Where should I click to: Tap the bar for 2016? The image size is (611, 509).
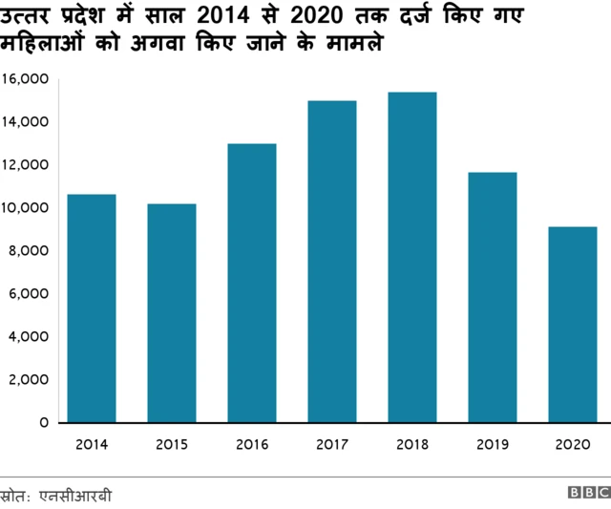coord(252,283)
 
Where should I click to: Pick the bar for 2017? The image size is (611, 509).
coord(331,262)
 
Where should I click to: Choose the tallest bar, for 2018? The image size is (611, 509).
coord(412,257)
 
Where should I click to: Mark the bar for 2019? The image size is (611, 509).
coord(493,297)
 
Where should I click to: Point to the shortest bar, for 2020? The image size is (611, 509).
coord(573,325)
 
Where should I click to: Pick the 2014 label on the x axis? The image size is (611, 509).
coord(91,444)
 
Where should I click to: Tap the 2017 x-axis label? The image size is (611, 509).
coord(331,444)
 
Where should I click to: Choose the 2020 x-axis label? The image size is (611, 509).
coord(573,444)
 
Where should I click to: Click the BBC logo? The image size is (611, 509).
coord(588,493)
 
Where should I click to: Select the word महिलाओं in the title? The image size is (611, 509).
coord(46,45)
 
